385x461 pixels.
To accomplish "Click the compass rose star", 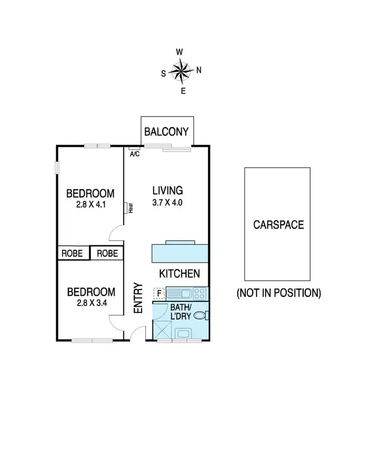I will click(x=181, y=70).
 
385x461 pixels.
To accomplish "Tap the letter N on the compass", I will click(x=199, y=70).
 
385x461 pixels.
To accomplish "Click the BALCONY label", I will click(x=167, y=132).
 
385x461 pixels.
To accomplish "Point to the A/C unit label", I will click(x=135, y=154).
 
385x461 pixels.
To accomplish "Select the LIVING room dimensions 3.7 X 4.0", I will click(x=168, y=202).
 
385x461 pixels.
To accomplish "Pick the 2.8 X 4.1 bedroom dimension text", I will click(x=90, y=204).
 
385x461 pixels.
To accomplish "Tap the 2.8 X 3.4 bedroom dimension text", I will click(x=91, y=302).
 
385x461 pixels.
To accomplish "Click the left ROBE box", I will click(x=73, y=254).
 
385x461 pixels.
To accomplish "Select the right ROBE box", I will click(x=107, y=254).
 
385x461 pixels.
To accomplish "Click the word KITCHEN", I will click(x=179, y=274).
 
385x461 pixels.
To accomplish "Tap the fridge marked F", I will click(x=159, y=294).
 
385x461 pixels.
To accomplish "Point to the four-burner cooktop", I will click(x=200, y=294).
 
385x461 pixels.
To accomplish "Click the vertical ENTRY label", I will click(x=138, y=298).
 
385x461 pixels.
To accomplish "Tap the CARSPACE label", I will click(x=278, y=225).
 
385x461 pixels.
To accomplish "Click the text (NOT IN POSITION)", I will click(x=279, y=293).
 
